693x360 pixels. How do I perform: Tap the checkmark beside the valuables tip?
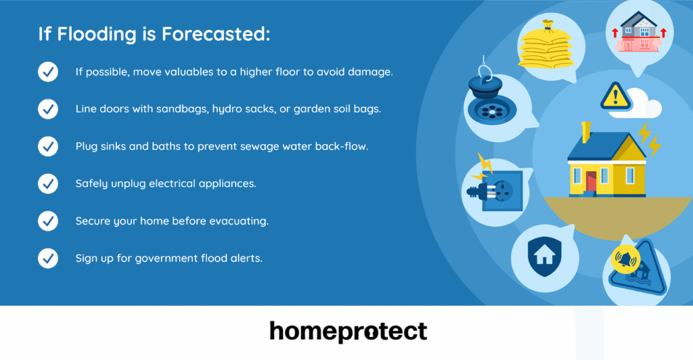(47, 72)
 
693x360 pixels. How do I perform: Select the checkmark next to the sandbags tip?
(47, 109)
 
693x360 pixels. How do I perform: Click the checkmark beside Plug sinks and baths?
(47, 146)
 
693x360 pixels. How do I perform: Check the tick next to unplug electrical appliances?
(47, 183)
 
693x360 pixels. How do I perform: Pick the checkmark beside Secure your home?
(47, 221)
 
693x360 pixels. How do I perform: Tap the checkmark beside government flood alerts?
(47, 258)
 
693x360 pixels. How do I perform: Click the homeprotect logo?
(348, 332)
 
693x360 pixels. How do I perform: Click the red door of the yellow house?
(591, 181)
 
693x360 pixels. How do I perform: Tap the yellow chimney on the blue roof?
(585, 130)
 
